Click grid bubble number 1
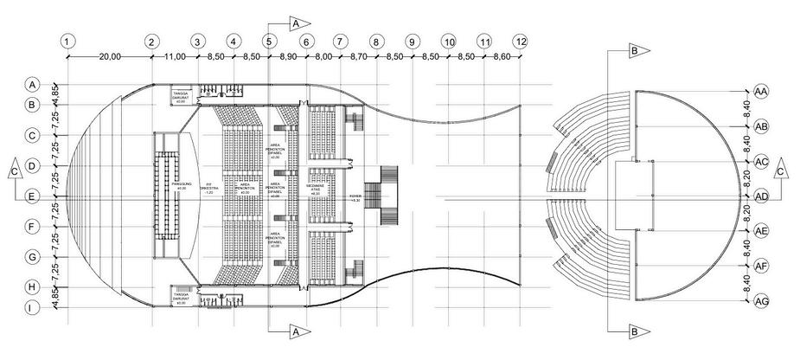[67, 41]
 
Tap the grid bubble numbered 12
[520, 41]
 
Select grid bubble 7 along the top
[340, 41]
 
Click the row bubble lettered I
[31, 306]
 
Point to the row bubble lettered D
[31, 165]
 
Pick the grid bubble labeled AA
[762, 91]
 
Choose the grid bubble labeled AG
[762, 301]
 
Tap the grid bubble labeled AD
[762, 196]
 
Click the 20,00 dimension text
[110, 56]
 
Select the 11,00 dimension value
[174, 56]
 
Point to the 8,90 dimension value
[288, 56]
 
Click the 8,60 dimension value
[502, 56]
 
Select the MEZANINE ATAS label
[316, 190]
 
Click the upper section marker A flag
[296, 22]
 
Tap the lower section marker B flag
[634, 330]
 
